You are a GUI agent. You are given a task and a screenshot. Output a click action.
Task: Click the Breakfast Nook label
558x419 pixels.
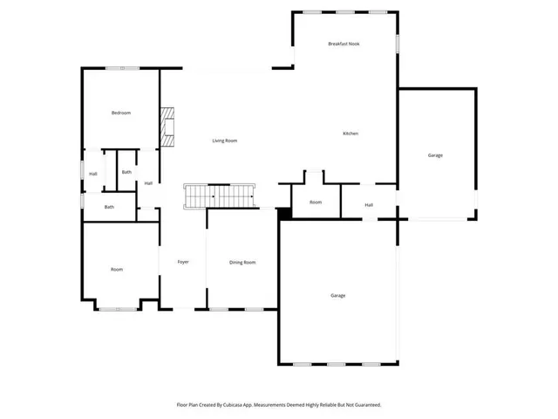click(x=344, y=44)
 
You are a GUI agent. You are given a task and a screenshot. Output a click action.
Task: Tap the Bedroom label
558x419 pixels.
click(x=120, y=113)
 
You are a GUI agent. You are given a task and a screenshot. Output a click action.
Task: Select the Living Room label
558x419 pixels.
click(x=225, y=141)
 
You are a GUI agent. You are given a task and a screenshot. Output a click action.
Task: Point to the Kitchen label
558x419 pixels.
click(x=350, y=134)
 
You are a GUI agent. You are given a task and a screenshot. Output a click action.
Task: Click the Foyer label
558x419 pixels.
click(x=183, y=262)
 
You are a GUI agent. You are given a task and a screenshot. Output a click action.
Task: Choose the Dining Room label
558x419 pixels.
click(x=242, y=262)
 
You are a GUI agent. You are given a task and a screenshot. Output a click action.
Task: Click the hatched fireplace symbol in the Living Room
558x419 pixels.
click(x=167, y=127)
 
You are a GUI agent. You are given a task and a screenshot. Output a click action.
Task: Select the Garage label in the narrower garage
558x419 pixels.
click(x=435, y=155)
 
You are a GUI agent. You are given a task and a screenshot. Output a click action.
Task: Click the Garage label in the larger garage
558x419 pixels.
click(x=338, y=295)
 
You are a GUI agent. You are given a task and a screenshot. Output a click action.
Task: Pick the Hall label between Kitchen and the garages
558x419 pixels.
click(x=369, y=204)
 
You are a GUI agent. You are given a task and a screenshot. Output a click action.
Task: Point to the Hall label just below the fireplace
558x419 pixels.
click(x=148, y=183)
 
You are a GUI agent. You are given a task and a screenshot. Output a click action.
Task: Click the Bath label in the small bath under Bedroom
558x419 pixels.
click(x=126, y=172)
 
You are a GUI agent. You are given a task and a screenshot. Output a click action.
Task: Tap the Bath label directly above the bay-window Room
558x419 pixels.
click(x=109, y=207)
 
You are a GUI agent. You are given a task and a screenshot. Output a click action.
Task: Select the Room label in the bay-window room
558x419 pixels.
click(x=117, y=269)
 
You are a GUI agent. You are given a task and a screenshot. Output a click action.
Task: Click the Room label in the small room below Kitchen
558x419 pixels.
click(x=316, y=202)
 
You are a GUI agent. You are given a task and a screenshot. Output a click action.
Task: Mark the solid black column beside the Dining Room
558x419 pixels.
click(x=283, y=212)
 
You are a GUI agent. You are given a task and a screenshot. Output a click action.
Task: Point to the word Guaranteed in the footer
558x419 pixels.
click(x=365, y=405)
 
